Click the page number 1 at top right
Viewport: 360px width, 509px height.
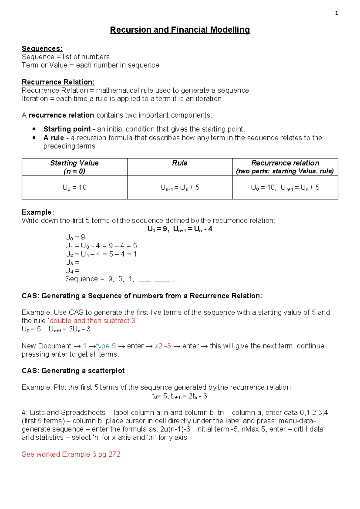pyautogui.click(x=336, y=13)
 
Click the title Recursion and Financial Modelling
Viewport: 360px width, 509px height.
pyautogui.click(x=180, y=30)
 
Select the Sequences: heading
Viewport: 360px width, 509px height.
pyautogui.click(x=42, y=49)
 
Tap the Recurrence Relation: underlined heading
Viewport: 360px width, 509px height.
pyautogui.click(x=58, y=82)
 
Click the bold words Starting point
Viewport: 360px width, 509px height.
pyautogui.click(x=67, y=129)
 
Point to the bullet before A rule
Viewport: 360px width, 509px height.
pyautogui.click(x=34, y=137)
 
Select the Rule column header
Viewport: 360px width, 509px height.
pyautogui.click(x=180, y=163)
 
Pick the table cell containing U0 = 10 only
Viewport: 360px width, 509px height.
pyautogui.click(x=74, y=188)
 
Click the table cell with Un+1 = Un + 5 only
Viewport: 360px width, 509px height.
pyautogui.click(x=180, y=188)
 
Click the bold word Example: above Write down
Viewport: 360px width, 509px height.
pyautogui.click(x=38, y=212)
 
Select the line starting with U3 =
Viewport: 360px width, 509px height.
pyautogui.click(x=72, y=262)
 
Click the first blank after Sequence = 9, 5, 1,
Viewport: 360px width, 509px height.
pyautogui.click(x=145, y=280)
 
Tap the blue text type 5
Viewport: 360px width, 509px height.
pyautogui.click(x=106, y=346)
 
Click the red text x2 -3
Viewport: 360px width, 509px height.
pyautogui.click(x=163, y=346)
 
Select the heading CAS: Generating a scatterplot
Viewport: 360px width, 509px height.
pyautogui.click(x=73, y=371)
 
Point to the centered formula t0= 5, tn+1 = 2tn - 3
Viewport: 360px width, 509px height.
pyautogui.click(x=179, y=396)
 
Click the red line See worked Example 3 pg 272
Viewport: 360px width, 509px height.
pyautogui.click(x=71, y=454)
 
